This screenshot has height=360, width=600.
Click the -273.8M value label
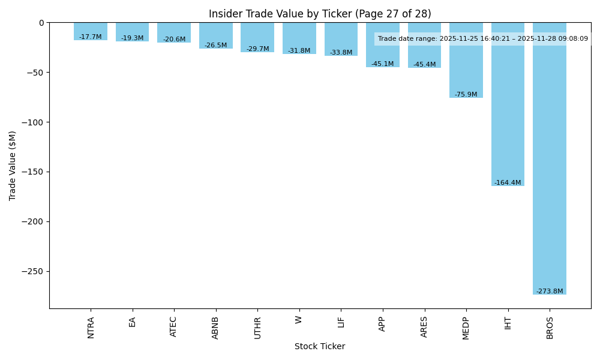pos(550,292)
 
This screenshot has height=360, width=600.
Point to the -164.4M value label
pos(508,183)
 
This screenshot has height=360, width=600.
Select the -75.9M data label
pos(466,95)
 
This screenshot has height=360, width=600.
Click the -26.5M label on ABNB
pos(215,46)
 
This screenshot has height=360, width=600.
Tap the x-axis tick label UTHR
pos(257,328)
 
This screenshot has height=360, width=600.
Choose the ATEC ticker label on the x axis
pos(174,326)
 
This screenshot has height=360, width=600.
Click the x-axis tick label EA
pos(132,322)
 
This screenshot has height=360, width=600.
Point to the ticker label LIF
pos(341,322)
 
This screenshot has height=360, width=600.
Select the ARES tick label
pos(424,326)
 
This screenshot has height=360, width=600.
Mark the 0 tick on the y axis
pos(41,23)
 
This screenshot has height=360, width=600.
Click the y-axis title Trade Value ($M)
pos(13,165)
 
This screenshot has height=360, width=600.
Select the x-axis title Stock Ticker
pos(320,346)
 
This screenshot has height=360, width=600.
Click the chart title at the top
pos(320,14)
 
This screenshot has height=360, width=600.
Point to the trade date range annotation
pos(483,39)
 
